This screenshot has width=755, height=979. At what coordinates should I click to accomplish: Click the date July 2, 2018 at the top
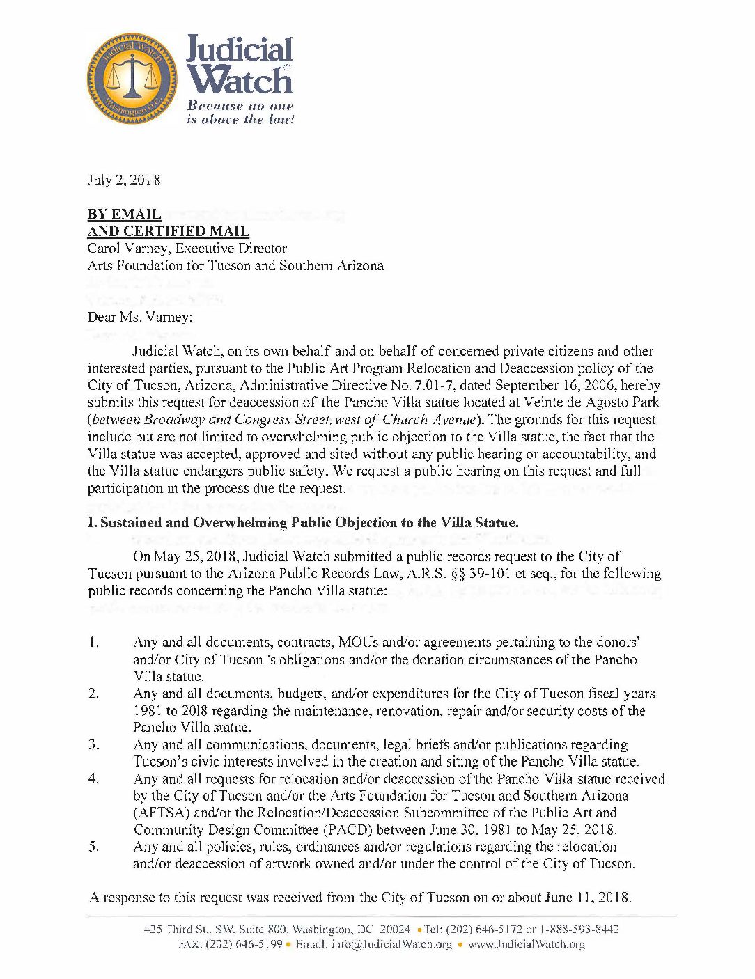[x=124, y=180]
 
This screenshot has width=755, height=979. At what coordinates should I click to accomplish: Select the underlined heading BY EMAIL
[x=124, y=214]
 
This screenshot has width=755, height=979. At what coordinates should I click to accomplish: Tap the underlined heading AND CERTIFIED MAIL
[x=168, y=231]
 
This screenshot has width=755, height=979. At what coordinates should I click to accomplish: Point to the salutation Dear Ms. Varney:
[x=139, y=317]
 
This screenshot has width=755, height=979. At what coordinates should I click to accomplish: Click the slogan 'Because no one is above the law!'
[x=240, y=113]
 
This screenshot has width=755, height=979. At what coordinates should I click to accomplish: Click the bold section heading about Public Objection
[x=303, y=522]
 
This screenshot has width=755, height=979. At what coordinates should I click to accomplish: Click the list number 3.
[x=94, y=744]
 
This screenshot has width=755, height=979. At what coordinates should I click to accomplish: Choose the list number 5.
[x=94, y=847]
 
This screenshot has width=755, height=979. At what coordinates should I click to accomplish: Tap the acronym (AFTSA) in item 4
[x=162, y=813]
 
